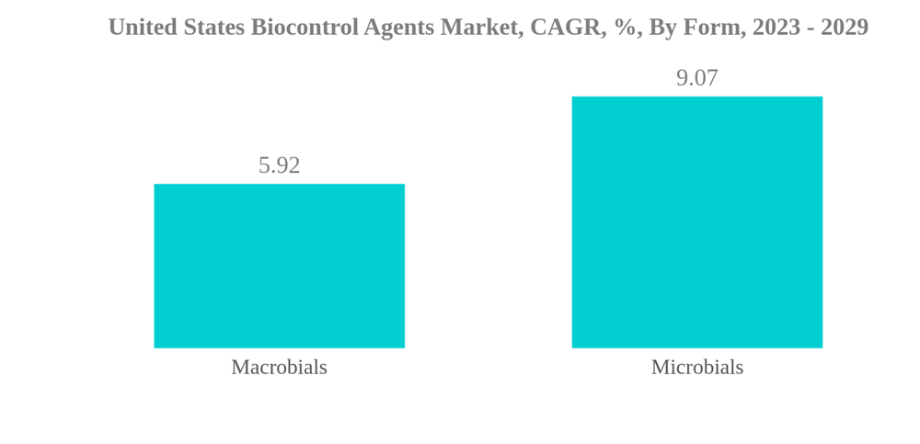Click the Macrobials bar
pos(279,266)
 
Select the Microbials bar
pos(696,222)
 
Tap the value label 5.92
pos(279,165)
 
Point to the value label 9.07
pos(696,78)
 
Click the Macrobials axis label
pos(279,367)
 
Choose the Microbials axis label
pos(696,367)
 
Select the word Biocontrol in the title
pos(305,28)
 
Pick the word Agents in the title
pos(398,28)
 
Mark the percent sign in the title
pos(627,28)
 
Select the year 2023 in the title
pos(776,28)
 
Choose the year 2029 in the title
pos(845,28)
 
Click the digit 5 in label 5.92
pos(264,165)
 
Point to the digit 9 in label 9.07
pos(682,78)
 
